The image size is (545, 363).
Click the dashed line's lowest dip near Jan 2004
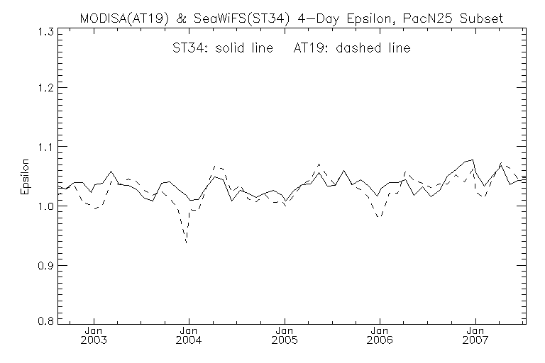click(186, 243)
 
